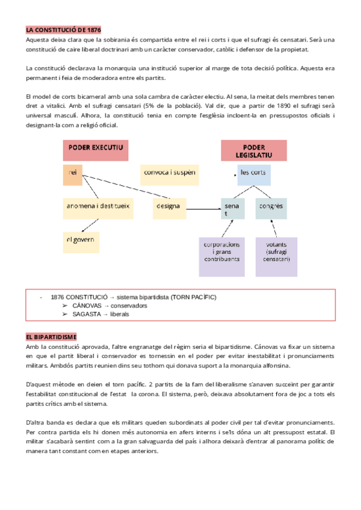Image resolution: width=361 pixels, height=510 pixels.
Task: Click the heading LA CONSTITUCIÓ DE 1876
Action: pos(63,29)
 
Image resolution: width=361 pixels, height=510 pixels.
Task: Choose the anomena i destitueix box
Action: pos(100,206)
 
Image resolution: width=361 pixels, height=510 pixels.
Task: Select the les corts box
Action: pos(253,174)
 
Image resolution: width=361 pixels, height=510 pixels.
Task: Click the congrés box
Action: pos(271,207)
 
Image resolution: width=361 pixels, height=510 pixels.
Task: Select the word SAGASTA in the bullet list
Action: pos(87,314)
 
